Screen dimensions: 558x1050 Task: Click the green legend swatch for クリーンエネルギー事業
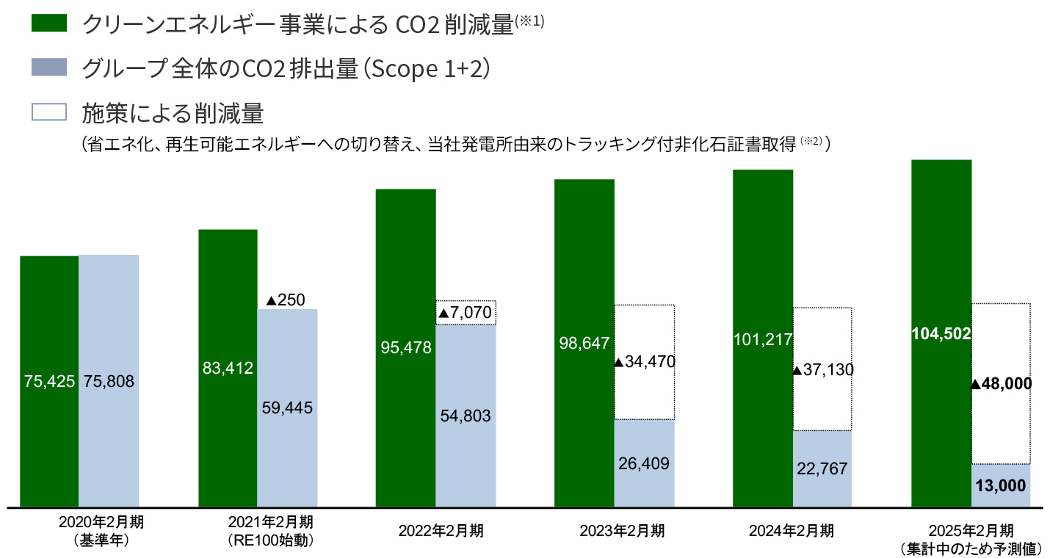[x=49, y=23]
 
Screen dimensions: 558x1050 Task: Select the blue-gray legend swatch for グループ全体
[x=49, y=68]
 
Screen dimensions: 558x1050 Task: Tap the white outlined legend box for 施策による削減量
[x=49, y=112]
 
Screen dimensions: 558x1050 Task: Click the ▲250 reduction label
[x=286, y=300]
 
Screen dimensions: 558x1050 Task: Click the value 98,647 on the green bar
[x=584, y=341]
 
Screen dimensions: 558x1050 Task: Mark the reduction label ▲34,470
[x=644, y=362]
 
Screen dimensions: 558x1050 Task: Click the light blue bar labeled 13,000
[x=1001, y=485]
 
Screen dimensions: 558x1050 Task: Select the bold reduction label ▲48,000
[x=1001, y=384]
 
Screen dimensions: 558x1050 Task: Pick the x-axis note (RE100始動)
[x=270, y=541]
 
